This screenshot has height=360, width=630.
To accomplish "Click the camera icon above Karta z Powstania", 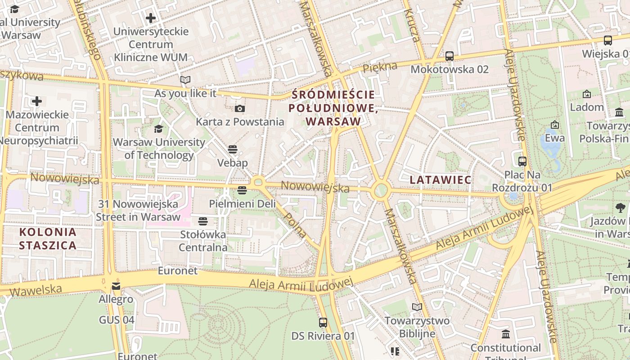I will coord(240,108).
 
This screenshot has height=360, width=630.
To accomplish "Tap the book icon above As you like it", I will coord(185,80).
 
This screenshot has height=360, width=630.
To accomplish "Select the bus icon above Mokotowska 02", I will coord(449,56).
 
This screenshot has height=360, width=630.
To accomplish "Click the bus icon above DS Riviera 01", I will coord(323,322).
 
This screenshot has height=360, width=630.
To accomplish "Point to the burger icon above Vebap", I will coord(233,149).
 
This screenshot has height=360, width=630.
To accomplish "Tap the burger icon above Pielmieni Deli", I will coord(242,190).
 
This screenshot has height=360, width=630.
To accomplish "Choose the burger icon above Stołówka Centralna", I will coord(203,221).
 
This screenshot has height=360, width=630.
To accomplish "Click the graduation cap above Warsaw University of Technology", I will coord(158,129).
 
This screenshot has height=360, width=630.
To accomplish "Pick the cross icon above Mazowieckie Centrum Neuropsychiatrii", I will coord(37,101).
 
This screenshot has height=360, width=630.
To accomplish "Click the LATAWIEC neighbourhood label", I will coord(441,180).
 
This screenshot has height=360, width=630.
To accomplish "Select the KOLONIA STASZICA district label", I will coord(48,239).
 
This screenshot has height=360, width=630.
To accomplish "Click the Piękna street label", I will coord(380,67).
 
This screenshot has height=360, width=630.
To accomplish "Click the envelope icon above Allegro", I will coord(116,286).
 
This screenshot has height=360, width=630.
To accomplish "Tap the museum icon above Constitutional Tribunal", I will coord(506,334).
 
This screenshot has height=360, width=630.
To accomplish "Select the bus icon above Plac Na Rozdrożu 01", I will coord(522,161).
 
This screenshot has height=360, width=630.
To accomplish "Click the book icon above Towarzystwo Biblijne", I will coord(417,307).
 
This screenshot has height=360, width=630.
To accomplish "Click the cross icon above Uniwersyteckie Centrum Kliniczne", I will coord(151,18).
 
